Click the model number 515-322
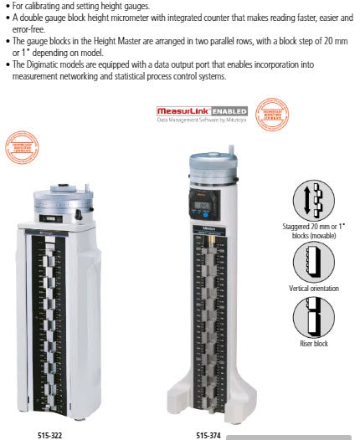49,435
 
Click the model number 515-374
208,435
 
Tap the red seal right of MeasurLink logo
270,115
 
